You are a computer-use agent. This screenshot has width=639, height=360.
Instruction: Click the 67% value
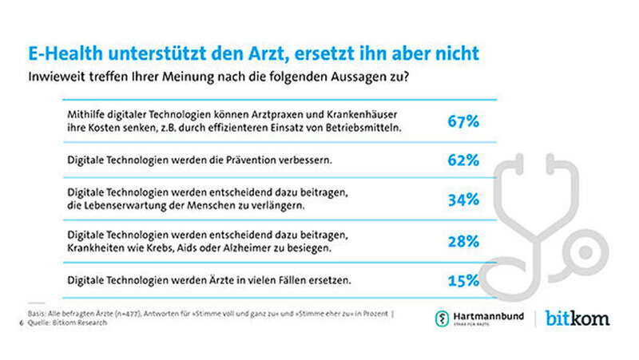pyautogui.click(x=462, y=121)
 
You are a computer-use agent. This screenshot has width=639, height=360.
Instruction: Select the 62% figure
pyautogui.click(x=462, y=160)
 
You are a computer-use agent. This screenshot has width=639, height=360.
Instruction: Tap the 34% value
pyautogui.click(x=462, y=200)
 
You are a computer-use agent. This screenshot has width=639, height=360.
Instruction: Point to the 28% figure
pyautogui.click(x=462, y=240)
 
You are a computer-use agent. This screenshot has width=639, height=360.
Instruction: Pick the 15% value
pyautogui.click(x=462, y=280)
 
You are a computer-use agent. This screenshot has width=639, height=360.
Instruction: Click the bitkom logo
pyautogui.click(x=577, y=318)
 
